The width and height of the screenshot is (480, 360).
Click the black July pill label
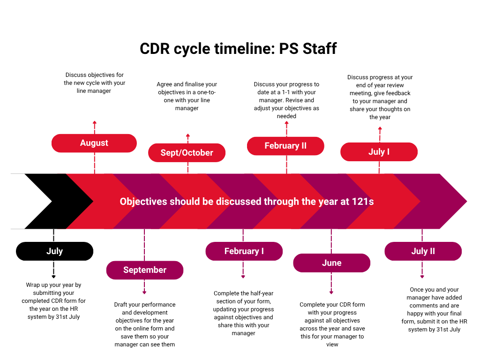[54, 251]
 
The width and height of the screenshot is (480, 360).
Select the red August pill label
[94, 143]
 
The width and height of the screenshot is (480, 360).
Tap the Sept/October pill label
[187, 153]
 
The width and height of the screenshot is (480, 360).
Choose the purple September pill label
[144, 270]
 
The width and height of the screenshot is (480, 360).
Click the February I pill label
[244, 251]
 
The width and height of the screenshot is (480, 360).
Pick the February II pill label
[285, 146]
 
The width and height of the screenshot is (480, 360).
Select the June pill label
[331, 263]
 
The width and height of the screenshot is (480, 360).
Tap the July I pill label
[379, 152]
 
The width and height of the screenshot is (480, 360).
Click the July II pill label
[423, 251]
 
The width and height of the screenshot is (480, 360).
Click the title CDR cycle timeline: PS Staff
[238, 49]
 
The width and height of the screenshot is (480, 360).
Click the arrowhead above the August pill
[94, 122]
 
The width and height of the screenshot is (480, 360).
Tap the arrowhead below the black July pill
[53, 277]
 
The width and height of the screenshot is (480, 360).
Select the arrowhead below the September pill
[144, 293]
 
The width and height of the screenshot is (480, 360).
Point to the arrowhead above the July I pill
[380, 127]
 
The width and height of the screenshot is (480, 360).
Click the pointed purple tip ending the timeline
[457, 202]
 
